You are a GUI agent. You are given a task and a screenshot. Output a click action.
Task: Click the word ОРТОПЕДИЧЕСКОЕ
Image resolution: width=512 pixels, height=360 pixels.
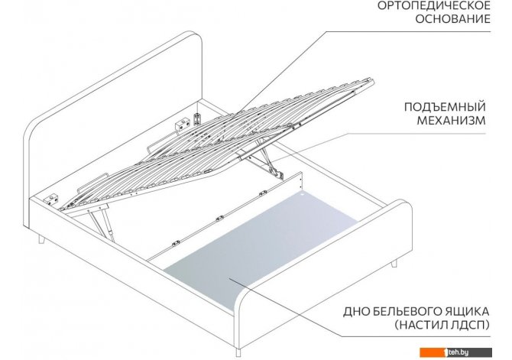tap(434, 5)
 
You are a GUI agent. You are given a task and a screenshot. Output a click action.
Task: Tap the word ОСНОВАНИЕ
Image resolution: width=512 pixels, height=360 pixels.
tap(453, 19)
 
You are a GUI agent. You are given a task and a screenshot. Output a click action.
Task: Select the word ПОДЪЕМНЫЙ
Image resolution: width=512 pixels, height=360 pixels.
tap(445, 107)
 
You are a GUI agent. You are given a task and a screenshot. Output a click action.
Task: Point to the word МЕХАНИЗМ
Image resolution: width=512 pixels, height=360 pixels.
tap(452, 121)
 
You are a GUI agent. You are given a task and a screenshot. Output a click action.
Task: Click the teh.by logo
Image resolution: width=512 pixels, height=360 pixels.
tap(456, 352)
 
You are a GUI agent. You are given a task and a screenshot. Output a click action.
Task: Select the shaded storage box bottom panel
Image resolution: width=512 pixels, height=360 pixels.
tap(261, 248)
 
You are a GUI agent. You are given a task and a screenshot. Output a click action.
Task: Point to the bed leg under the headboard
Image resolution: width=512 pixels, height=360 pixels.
tap(42, 239)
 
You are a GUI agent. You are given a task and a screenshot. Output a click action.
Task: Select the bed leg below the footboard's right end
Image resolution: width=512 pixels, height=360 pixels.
tap(394, 263)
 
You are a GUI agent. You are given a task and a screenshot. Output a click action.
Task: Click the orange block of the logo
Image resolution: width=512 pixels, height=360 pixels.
tap(432, 352)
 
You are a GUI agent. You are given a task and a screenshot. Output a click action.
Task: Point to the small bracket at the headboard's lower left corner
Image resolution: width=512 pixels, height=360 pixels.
tap(52, 200)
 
